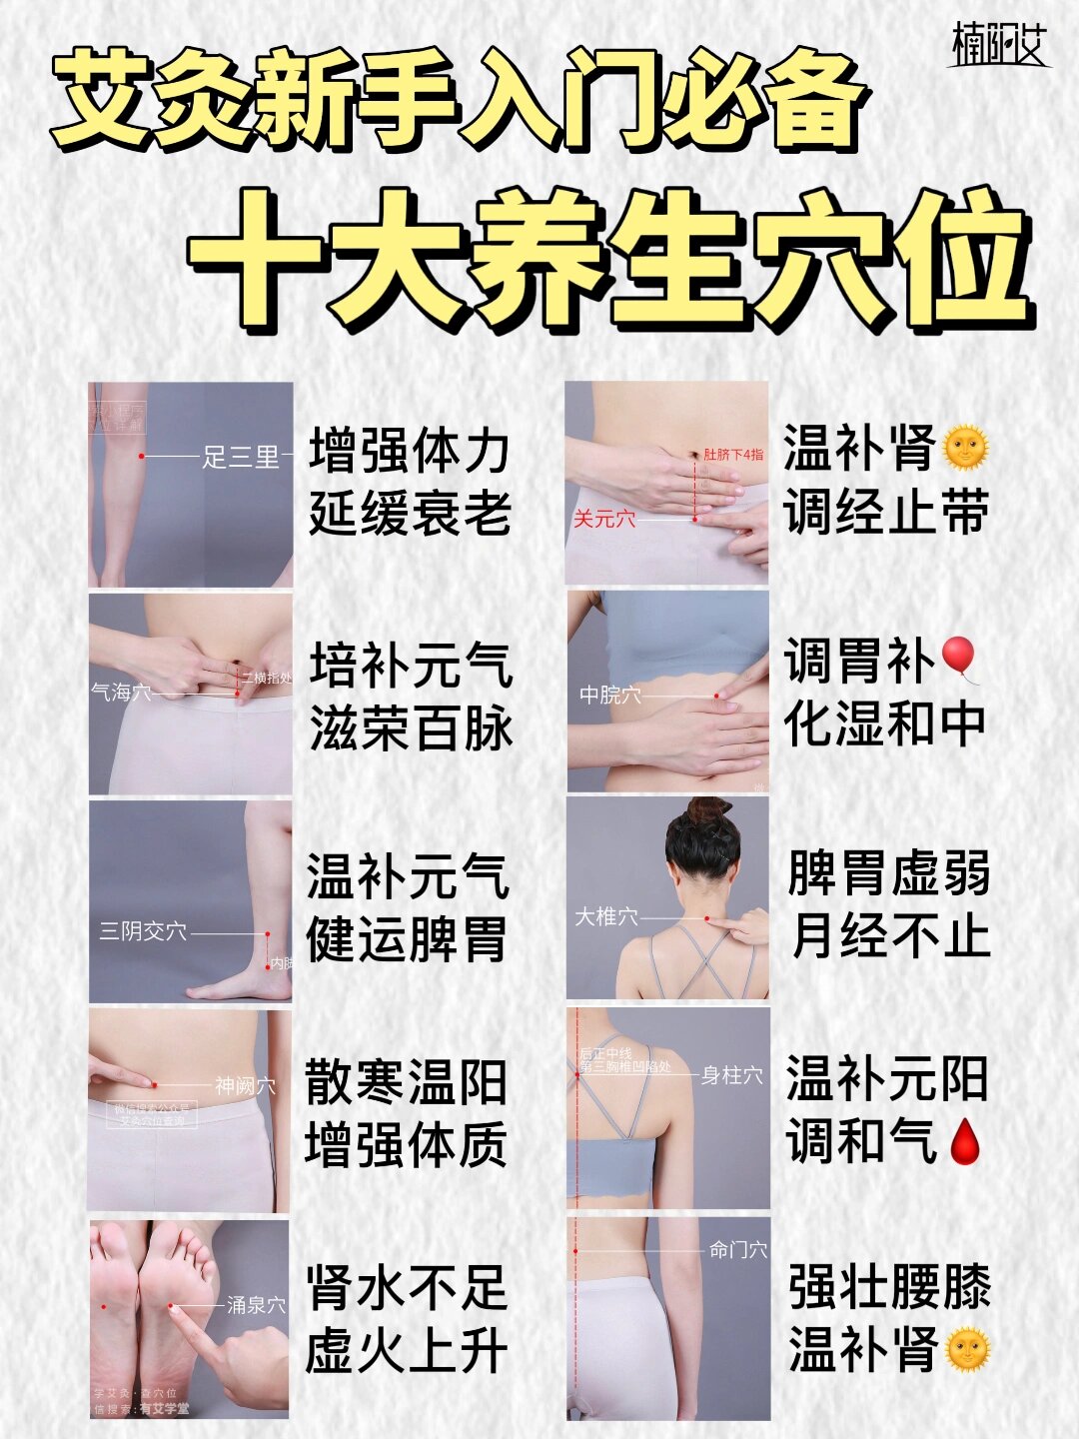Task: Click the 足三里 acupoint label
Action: click(x=241, y=457)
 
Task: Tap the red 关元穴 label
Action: click(x=604, y=519)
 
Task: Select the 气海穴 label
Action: click(x=121, y=692)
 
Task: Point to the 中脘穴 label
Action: click(x=609, y=694)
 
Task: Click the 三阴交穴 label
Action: click(x=143, y=931)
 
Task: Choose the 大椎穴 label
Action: click(x=605, y=915)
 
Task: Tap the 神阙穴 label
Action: click(x=245, y=1085)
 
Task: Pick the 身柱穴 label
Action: click(x=731, y=1075)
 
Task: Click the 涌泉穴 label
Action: click(x=256, y=1304)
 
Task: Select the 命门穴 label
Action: click(x=738, y=1249)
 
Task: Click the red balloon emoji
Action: click(x=960, y=658)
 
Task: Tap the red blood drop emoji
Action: click(x=963, y=1141)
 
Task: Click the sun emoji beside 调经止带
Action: click(x=964, y=448)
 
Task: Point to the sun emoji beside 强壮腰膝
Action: click(x=966, y=1349)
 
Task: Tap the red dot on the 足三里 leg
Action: click(x=142, y=457)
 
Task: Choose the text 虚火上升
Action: click(x=407, y=1351)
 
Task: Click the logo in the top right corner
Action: click(x=997, y=44)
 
